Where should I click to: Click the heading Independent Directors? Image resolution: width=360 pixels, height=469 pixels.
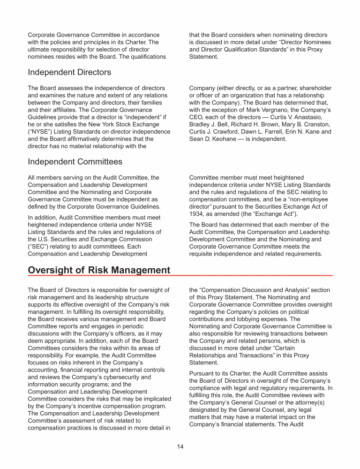tap(69, 72)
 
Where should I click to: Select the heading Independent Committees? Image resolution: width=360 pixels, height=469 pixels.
tap(75, 162)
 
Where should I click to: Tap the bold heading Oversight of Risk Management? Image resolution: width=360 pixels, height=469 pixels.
tap(99, 270)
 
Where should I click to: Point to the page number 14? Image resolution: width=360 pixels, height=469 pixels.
tap(180, 446)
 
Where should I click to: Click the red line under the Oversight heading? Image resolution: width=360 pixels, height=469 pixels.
tap(180, 275)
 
